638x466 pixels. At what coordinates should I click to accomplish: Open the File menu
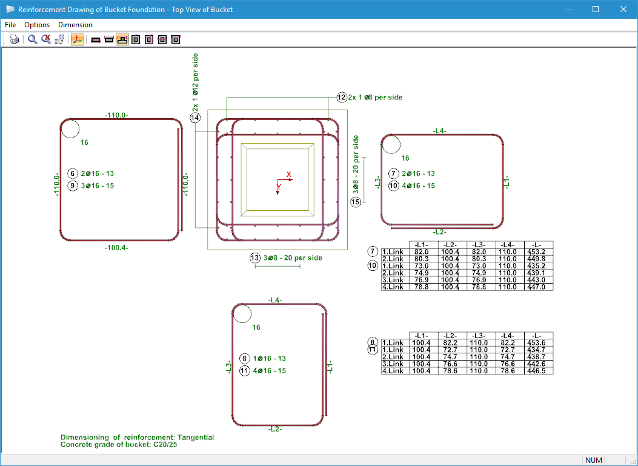coord(10,25)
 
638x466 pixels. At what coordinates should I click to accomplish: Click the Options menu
coord(37,25)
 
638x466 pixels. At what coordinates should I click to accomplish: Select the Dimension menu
coord(75,25)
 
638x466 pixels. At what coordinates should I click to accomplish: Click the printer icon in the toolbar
coord(15,40)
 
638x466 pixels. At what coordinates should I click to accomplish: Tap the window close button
coord(623,9)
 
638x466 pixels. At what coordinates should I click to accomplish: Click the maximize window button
coord(596,9)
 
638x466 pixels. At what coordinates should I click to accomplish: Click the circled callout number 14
coord(195,118)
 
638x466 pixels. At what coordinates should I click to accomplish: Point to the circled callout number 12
coord(342,97)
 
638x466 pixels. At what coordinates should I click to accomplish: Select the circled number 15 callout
coord(356,202)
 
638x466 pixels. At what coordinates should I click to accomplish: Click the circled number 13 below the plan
coord(255,258)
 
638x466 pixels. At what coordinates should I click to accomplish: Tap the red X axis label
coord(289,175)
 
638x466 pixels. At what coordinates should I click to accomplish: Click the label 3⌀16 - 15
coord(97,185)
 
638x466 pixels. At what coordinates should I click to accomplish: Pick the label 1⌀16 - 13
coord(269,359)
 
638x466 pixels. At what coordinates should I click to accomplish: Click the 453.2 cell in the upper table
coord(539,251)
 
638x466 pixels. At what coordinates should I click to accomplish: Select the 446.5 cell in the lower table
coord(539,371)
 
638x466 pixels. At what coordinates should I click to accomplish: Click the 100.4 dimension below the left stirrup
coord(116,247)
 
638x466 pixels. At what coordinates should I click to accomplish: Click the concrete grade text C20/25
coord(163,445)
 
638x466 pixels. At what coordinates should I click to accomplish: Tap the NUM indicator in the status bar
coord(593,461)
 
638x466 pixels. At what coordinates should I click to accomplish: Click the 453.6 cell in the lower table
coord(539,342)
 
